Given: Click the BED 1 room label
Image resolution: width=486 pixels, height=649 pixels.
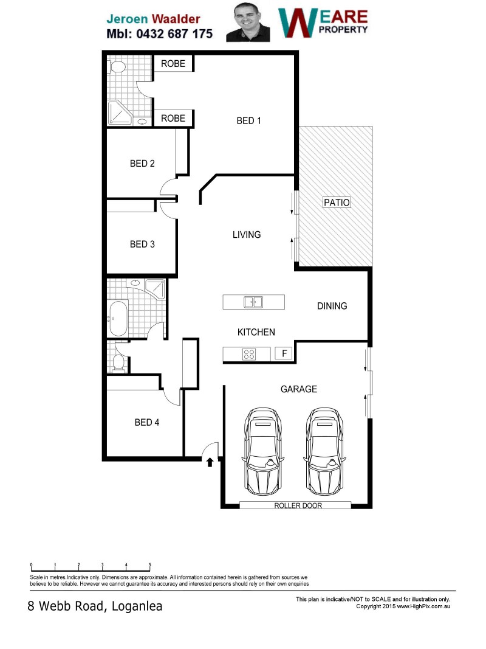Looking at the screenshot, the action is coord(248,121).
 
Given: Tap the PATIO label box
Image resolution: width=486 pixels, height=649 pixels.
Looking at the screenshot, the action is coord(337,203).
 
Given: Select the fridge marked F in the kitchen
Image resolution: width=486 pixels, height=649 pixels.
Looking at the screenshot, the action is coord(284,353).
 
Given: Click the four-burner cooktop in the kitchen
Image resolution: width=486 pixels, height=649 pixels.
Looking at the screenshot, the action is coord(249,354).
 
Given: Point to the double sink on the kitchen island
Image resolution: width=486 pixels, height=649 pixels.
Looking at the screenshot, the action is coord(253,302).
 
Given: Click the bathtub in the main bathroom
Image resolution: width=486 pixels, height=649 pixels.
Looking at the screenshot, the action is coord(118,319).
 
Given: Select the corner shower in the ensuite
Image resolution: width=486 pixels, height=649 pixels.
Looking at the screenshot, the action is coord(120,113).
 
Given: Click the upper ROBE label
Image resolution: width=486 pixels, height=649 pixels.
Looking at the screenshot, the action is coord(173,64).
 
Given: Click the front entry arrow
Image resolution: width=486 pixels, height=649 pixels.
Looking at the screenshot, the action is coord(210,462).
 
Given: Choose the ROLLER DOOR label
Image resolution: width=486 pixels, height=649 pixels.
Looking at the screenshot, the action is coord(298,505).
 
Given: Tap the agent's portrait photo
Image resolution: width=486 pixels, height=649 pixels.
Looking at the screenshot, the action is coord(248,22).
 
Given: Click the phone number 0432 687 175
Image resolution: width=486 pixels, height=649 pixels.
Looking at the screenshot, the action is coord(174,34).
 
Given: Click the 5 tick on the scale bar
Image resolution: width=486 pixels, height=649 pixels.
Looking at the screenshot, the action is coord(149,565).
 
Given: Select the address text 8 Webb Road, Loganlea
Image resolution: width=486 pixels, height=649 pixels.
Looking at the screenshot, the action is coord(95,606).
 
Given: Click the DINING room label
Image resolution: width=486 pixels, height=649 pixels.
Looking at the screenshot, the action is coord(332,306).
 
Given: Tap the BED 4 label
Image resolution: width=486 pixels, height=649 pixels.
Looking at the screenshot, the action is coord(146,422).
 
